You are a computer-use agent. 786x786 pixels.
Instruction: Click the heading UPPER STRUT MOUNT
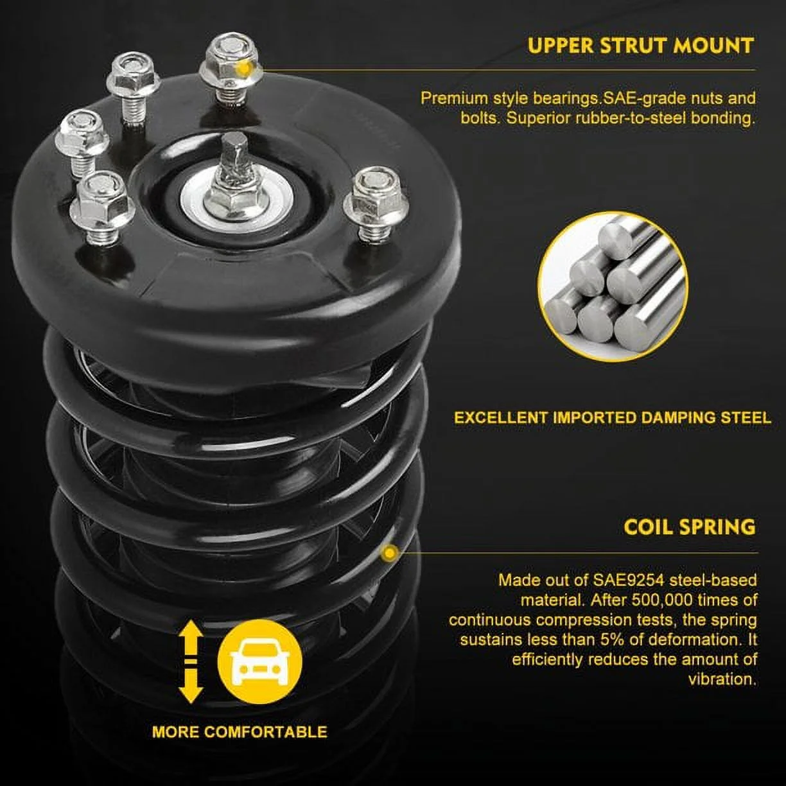coord(640,46)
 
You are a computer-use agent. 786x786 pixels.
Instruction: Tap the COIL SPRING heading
coord(689,527)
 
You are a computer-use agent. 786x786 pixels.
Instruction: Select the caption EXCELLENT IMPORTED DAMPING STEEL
coord(612,417)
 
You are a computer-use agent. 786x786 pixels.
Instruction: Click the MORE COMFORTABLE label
coord(240,731)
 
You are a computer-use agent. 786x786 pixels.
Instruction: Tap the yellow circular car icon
coord(259,661)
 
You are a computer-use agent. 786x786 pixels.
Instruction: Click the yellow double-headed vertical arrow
coord(191,661)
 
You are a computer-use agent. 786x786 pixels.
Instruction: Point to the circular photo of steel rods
coord(613,286)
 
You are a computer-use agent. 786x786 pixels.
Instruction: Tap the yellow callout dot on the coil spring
coord(389,552)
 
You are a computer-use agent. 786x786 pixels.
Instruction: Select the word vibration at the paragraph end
coord(722,679)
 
